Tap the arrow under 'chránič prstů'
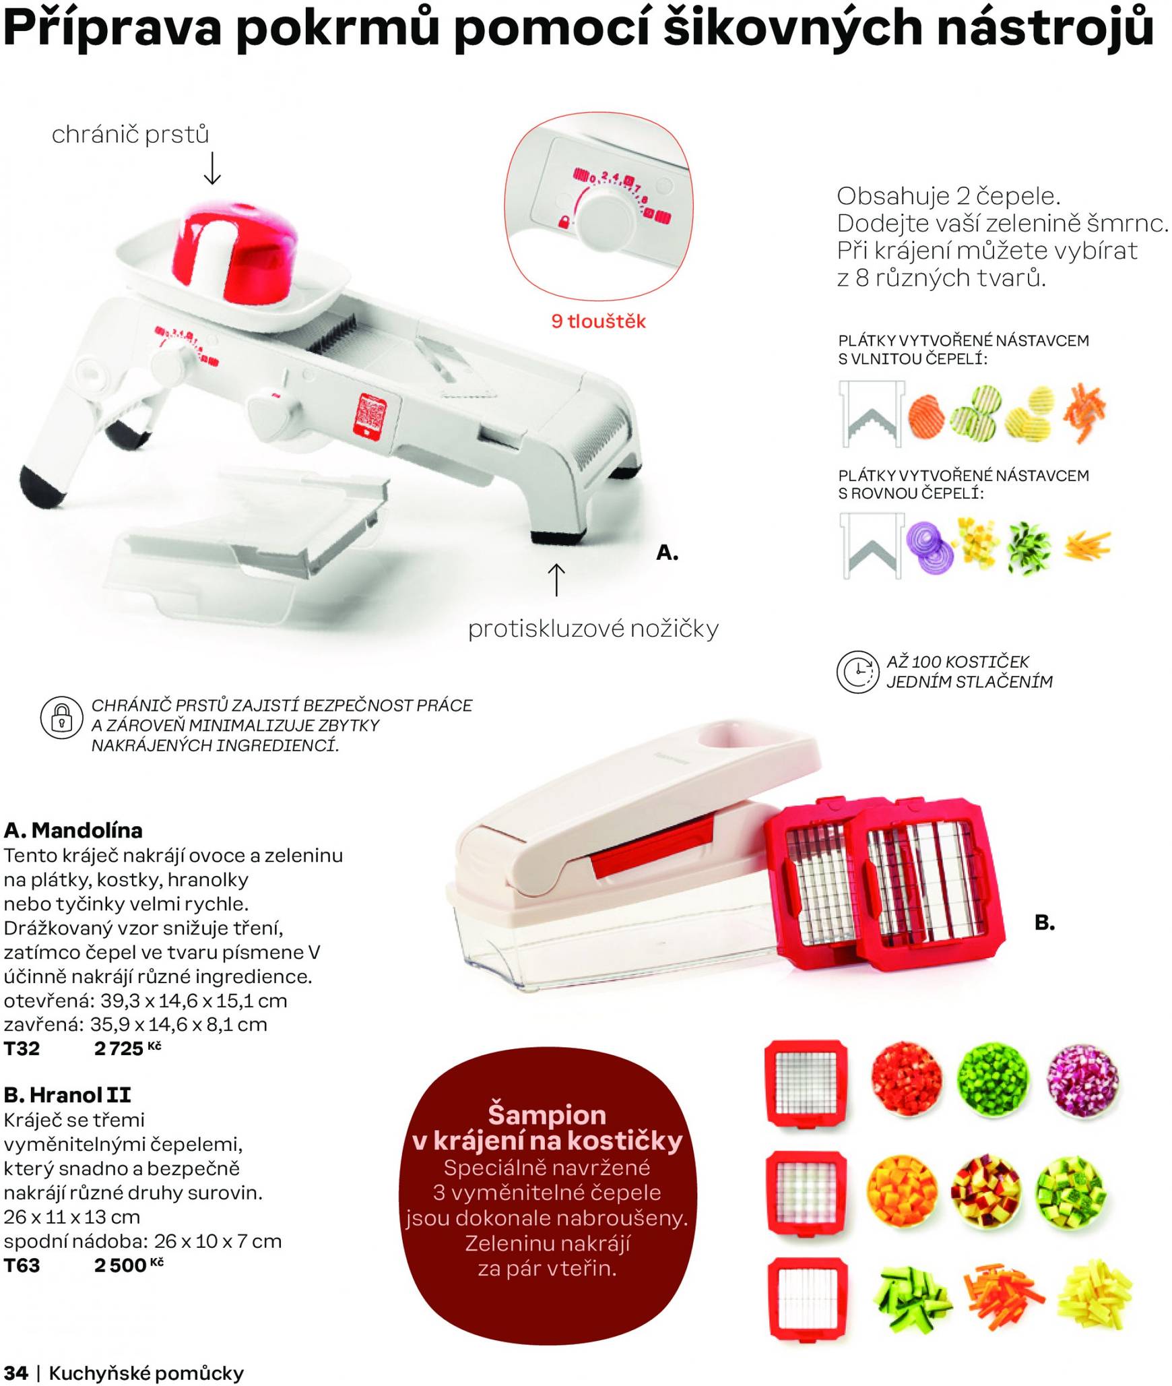pos(212,168)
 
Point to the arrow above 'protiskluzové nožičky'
pos(556,579)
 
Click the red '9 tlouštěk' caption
pos(598,321)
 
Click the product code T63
pos(22,1265)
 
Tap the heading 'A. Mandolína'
pos(73,829)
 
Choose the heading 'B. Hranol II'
pos(67,1095)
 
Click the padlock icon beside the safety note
pos(61,718)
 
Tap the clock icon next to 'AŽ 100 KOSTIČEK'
pos(857,672)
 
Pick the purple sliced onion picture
pos(930,546)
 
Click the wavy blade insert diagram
pos(872,414)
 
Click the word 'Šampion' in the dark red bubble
pos(547,1114)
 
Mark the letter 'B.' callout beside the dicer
pos(1045,922)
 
